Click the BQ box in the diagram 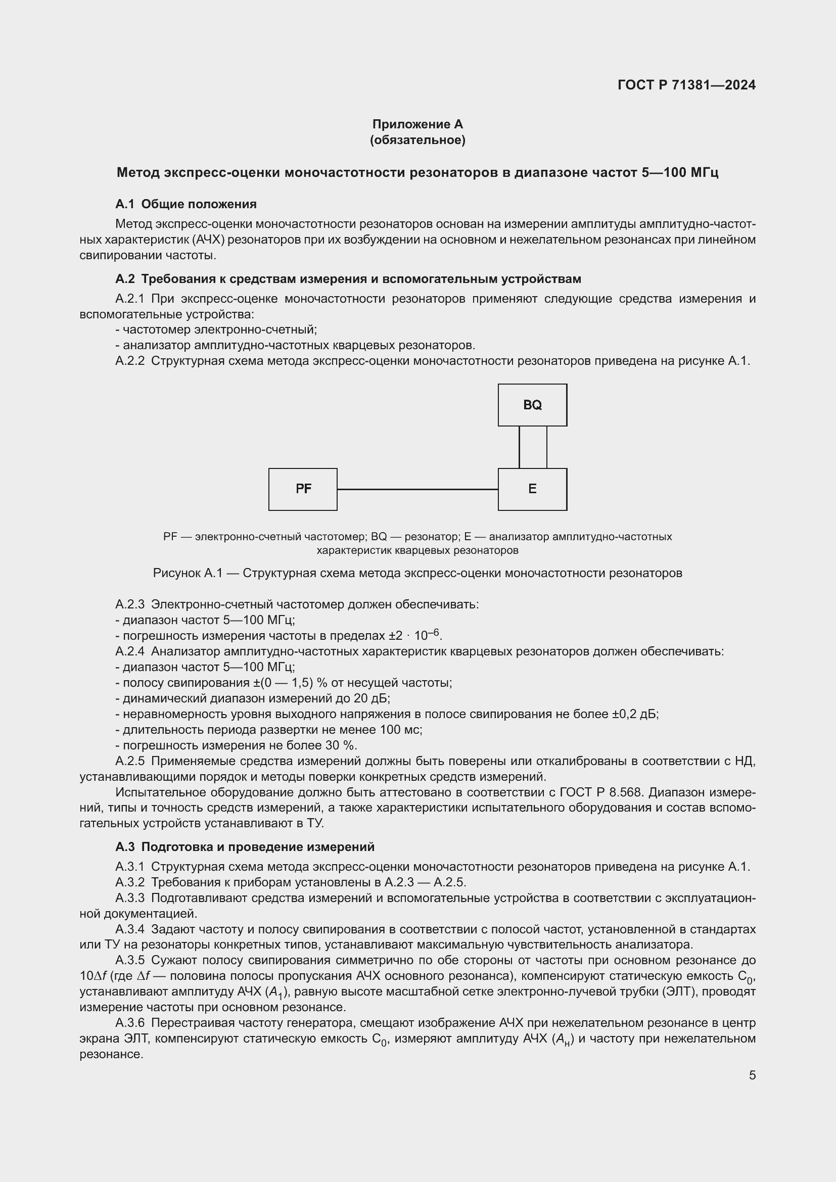pos(532,405)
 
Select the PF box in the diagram pos(303,489)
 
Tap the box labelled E pos(532,489)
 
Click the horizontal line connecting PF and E pos(417,490)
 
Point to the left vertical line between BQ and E pos(520,447)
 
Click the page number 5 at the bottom pos(752,1075)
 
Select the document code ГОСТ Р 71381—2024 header pos(686,85)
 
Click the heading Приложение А pos(417,124)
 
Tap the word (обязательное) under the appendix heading pos(417,140)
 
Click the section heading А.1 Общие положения pos(186,204)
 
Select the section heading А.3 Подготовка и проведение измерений pos(245,847)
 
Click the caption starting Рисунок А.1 pos(417,573)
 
